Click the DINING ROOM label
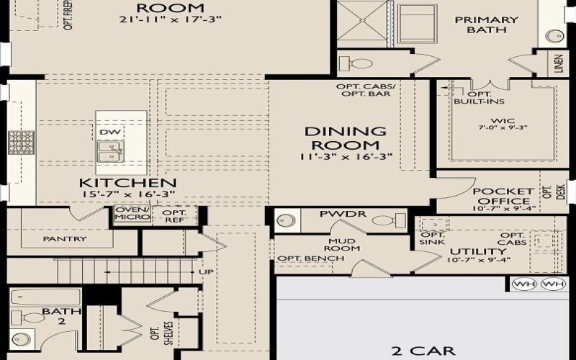coord(345,138)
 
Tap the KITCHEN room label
coord(128,184)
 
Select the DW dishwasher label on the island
coord(109,132)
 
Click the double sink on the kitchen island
coord(109,152)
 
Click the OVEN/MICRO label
coord(132,215)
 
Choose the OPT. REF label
coord(174,217)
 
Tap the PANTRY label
coord(65,238)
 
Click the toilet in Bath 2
coord(32,317)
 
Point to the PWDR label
coord(333,215)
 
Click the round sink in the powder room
coord(287,220)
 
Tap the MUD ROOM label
coord(344,245)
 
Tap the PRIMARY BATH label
coord(486,24)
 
